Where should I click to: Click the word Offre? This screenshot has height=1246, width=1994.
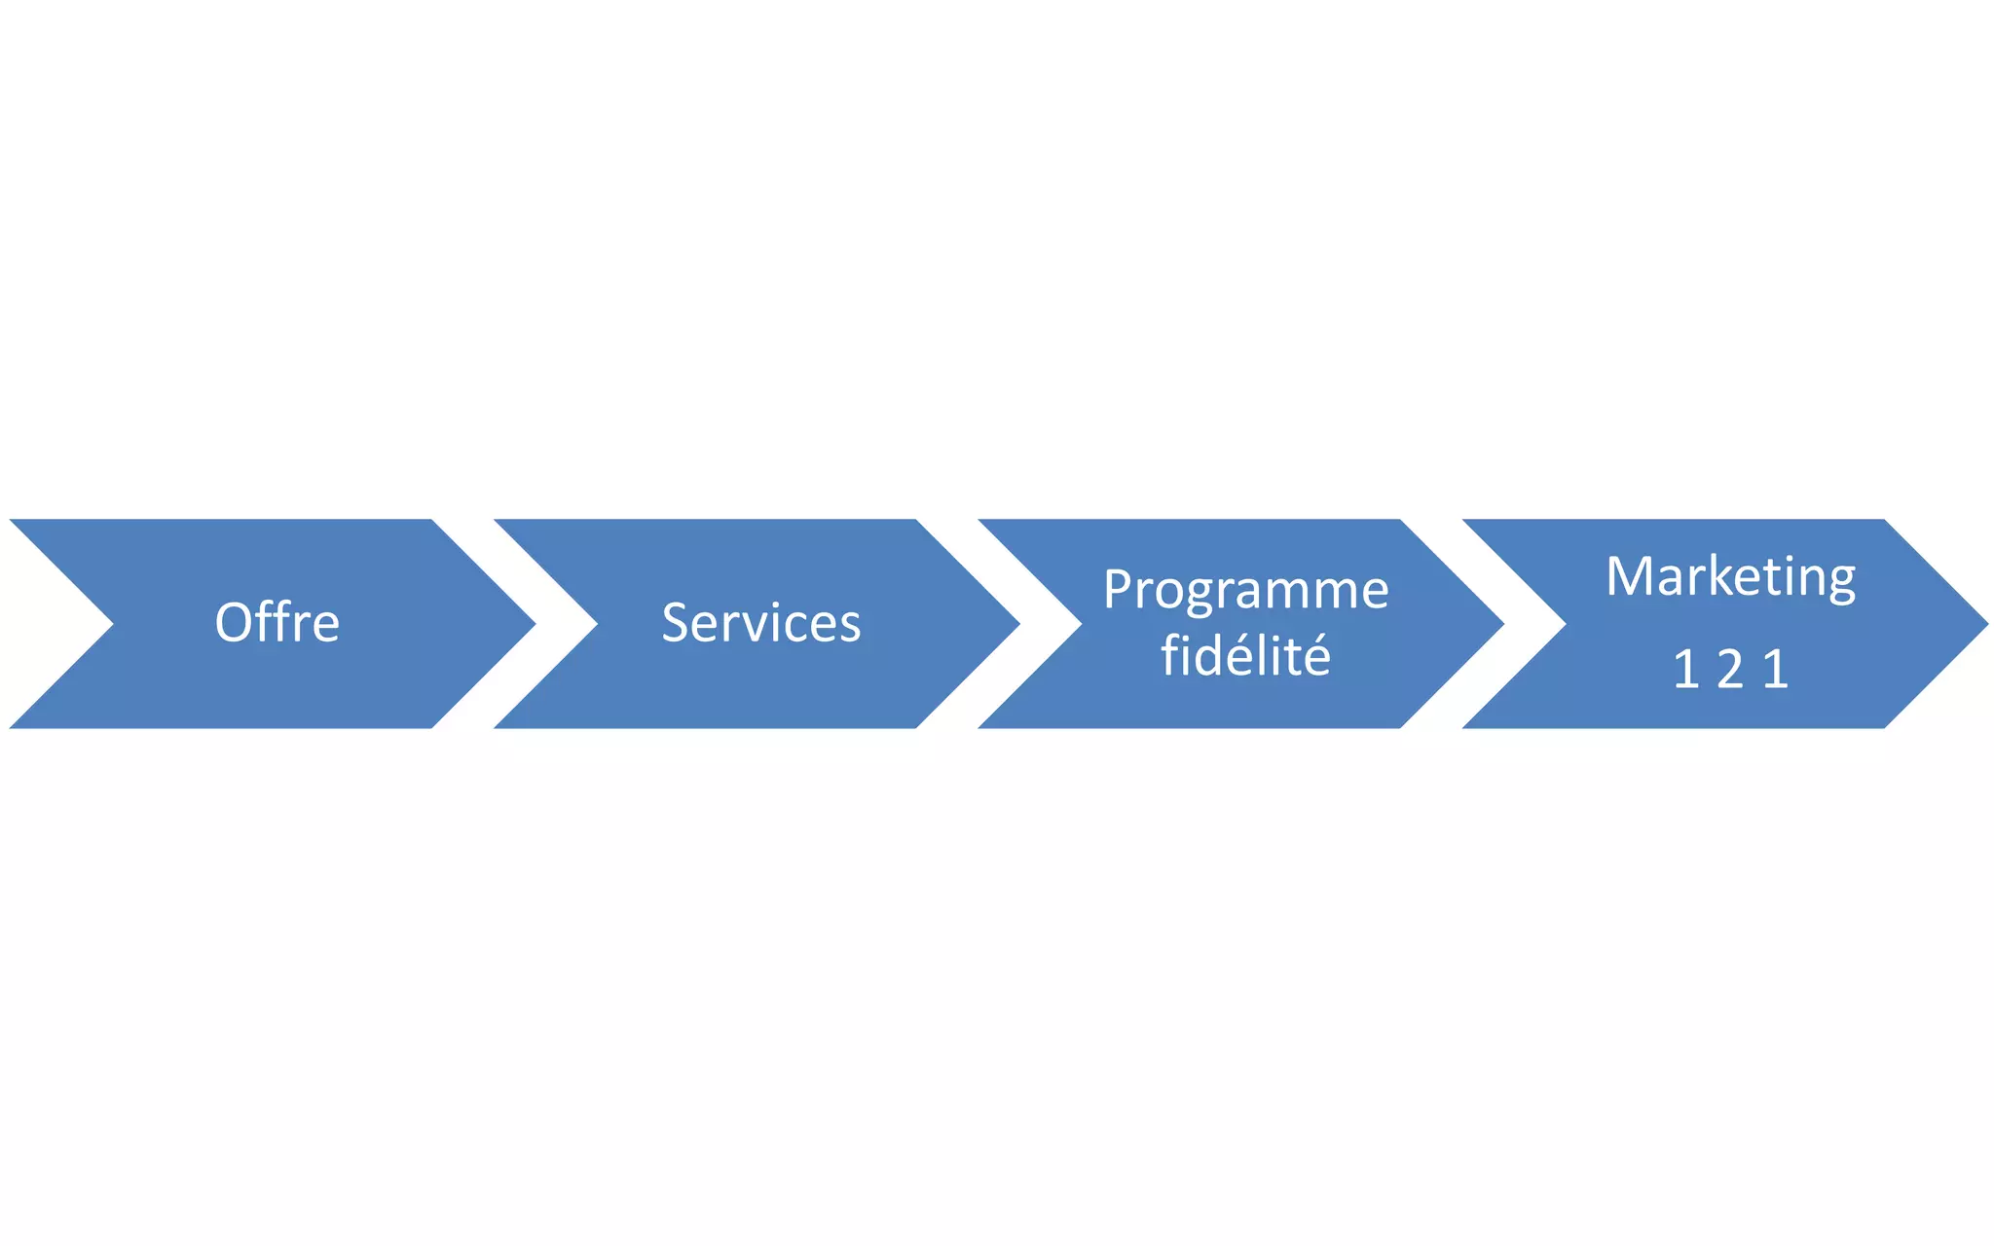[x=277, y=623]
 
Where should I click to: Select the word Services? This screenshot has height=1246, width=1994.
[x=761, y=623]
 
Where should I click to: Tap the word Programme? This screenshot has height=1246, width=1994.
[x=1245, y=590]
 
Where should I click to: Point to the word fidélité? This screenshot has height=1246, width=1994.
[x=1245, y=655]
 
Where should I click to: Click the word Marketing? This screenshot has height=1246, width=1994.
[x=1730, y=576]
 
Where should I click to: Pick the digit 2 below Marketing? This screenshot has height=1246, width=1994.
[x=1730, y=670]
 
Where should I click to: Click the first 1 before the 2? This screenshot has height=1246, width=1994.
[x=1686, y=670]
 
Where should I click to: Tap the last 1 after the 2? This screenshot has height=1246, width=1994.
[x=1776, y=670]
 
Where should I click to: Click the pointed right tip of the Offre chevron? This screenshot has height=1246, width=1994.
[x=532, y=624]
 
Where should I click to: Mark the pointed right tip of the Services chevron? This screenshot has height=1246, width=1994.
[x=1015, y=624]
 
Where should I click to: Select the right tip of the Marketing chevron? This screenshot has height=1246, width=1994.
[x=1983, y=624]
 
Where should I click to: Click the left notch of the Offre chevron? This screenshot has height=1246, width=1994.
[x=109, y=624]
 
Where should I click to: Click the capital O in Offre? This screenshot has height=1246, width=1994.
[x=233, y=623]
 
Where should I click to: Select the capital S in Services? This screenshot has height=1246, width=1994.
[x=675, y=623]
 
